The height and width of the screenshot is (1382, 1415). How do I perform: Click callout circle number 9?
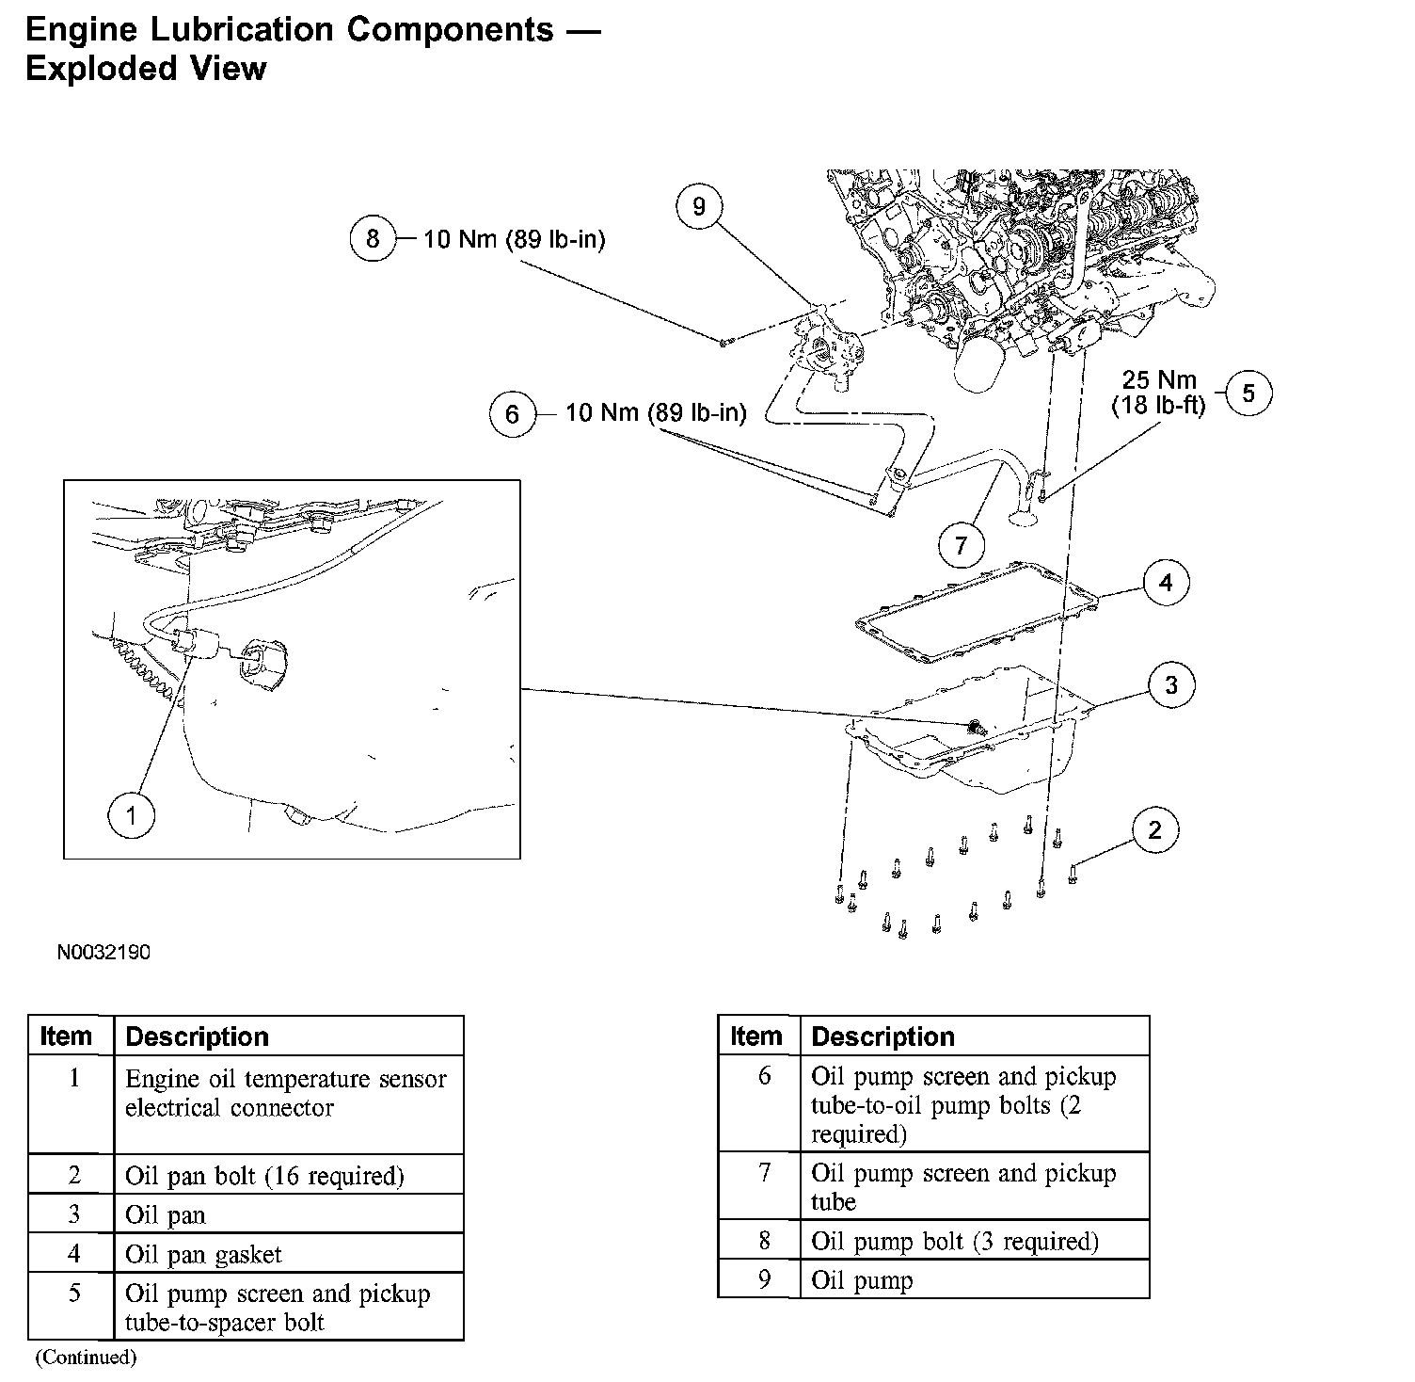click(x=698, y=207)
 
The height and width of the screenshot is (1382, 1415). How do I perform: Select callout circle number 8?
click(x=373, y=239)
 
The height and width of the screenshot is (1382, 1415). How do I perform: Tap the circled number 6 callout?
click(x=512, y=414)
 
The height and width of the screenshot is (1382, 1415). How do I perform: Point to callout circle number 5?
click(x=1248, y=393)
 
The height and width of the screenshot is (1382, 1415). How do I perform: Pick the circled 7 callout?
click(x=961, y=545)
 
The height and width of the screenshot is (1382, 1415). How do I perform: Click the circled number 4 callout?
click(x=1166, y=583)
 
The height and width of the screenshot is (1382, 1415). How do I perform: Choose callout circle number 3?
click(x=1170, y=685)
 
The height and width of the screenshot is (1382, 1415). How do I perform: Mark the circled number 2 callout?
click(x=1154, y=829)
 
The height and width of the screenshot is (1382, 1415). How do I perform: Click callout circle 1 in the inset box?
click(x=131, y=815)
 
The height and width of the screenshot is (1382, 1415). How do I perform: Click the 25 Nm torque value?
click(x=1158, y=380)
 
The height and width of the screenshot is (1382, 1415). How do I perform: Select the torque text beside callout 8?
click(x=514, y=239)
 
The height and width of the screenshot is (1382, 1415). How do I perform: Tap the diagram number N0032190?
click(x=103, y=952)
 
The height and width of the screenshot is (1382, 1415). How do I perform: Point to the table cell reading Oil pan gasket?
click(x=203, y=1254)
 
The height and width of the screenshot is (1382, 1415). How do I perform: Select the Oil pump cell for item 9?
click(x=862, y=1280)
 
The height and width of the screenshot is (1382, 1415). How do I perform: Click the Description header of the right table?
click(x=882, y=1036)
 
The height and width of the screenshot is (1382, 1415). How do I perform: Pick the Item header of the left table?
click(x=66, y=1036)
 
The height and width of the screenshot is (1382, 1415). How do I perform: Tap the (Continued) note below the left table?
click(x=86, y=1358)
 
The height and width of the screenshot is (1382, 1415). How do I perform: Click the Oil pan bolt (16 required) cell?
click(x=264, y=1176)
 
